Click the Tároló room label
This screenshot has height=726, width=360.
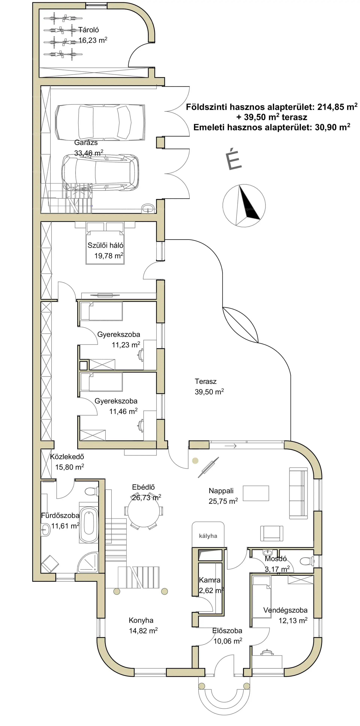coord(88,30)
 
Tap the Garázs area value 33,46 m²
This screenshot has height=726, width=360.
coord(89,153)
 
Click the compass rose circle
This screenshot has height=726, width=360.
coord(244,206)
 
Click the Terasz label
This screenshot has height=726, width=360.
coord(206,382)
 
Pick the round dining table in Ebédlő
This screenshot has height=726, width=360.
coord(143,511)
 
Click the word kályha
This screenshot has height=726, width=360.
coord(208,536)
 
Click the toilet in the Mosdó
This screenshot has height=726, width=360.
coord(307,561)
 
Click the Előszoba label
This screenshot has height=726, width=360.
coord(227,631)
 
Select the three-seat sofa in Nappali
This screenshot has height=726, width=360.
coord(298,493)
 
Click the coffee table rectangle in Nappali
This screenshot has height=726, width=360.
coord(256,493)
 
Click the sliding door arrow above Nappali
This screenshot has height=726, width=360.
coord(230,446)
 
